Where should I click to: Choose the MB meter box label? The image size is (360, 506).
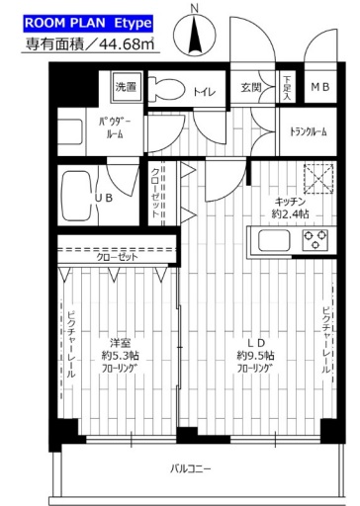(x=322, y=88)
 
